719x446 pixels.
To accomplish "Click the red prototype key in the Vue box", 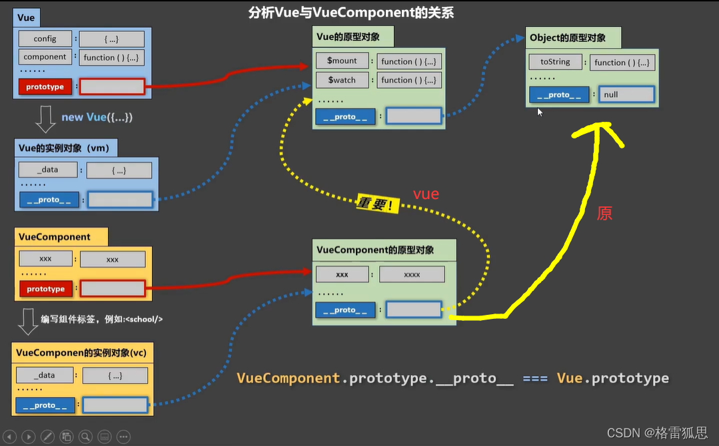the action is click(x=45, y=87).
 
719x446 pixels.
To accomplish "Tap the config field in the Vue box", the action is click(x=45, y=39).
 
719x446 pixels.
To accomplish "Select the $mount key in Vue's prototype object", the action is click(x=342, y=61).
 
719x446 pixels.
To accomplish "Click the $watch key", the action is click(x=342, y=80).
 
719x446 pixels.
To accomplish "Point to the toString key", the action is click(x=555, y=62).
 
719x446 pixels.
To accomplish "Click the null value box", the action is click(x=626, y=95).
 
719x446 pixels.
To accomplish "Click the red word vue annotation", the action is click(x=426, y=194).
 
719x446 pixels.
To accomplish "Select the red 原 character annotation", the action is click(x=604, y=214).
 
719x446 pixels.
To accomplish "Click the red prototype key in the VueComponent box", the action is click(x=46, y=289).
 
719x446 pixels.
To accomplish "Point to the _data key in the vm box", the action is click(x=48, y=170).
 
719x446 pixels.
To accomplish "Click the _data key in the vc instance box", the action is click(x=45, y=375).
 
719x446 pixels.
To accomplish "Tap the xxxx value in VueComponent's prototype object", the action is click(x=412, y=274).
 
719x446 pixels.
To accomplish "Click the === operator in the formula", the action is click(x=535, y=379).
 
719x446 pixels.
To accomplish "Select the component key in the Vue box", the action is click(x=45, y=57).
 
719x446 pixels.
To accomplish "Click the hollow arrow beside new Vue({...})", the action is click(x=45, y=119).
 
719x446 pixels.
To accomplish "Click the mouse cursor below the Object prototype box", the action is click(x=540, y=112).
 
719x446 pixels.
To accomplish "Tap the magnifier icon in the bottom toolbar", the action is click(x=85, y=437).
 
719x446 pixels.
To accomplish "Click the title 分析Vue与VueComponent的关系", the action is click(x=351, y=13).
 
